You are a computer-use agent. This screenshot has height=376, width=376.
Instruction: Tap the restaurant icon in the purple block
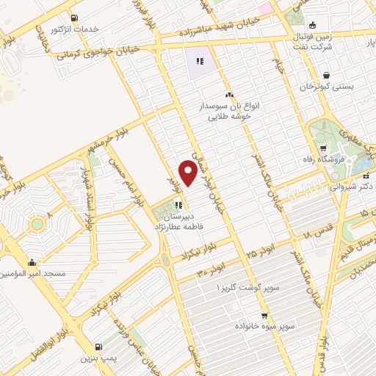[199, 60]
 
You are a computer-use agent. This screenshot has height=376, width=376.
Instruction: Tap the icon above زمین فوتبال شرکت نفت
[314, 23]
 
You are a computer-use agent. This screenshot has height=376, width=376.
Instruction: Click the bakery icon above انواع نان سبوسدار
[229, 95]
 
